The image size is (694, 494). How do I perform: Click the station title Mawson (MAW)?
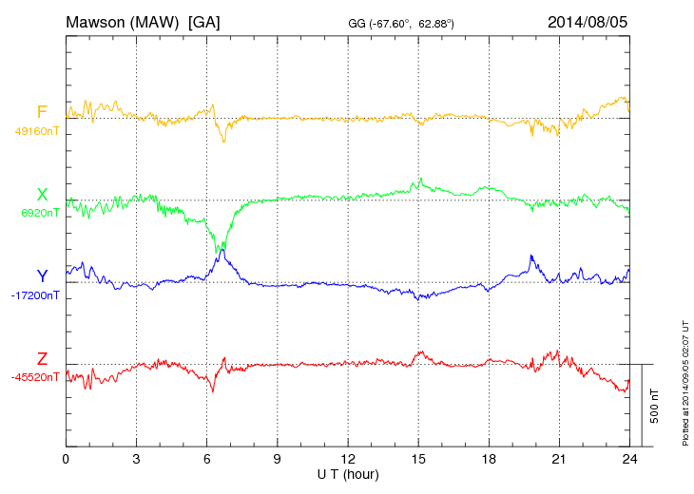point(123,21)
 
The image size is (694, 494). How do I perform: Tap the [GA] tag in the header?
point(204,21)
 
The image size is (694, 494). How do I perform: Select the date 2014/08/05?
point(588,21)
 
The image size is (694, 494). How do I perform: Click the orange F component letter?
point(41,112)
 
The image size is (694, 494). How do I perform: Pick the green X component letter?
point(41,194)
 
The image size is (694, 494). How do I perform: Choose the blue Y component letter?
point(41,276)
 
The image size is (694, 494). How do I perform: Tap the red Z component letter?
point(41,359)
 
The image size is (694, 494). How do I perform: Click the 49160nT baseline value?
point(37,131)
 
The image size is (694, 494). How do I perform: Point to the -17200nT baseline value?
point(36,295)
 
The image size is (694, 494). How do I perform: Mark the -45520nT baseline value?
point(36,377)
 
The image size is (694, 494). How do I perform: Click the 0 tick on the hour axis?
point(66,460)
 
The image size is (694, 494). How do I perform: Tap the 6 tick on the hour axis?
point(206,460)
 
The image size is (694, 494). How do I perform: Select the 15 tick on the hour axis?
point(418,460)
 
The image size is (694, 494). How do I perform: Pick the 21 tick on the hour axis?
point(559,460)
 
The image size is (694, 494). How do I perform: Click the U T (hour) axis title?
point(348,473)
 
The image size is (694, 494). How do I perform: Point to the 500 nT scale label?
point(655,405)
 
